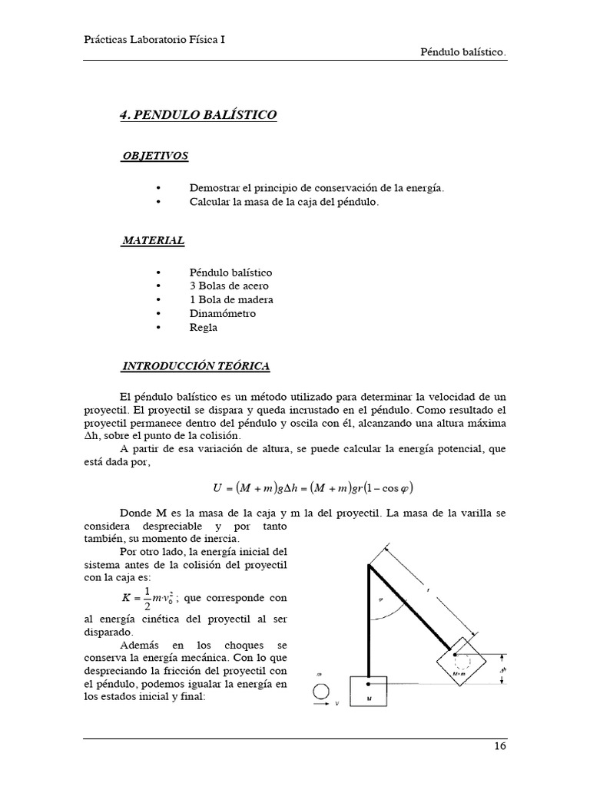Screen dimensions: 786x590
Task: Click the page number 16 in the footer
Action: coord(499,747)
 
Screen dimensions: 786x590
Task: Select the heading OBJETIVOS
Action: coord(154,156)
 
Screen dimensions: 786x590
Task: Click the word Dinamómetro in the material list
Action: coord(222,313)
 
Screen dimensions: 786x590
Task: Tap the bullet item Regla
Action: coord(203,327)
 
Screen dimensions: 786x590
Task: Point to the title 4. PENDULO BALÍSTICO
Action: coord(197,115)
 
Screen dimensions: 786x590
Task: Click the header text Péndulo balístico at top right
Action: coord(463,52)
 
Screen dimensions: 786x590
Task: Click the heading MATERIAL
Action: coord(153,240)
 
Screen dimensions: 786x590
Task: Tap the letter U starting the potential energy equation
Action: coord(217,487)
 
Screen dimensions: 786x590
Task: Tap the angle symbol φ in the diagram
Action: coord(382,600)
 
